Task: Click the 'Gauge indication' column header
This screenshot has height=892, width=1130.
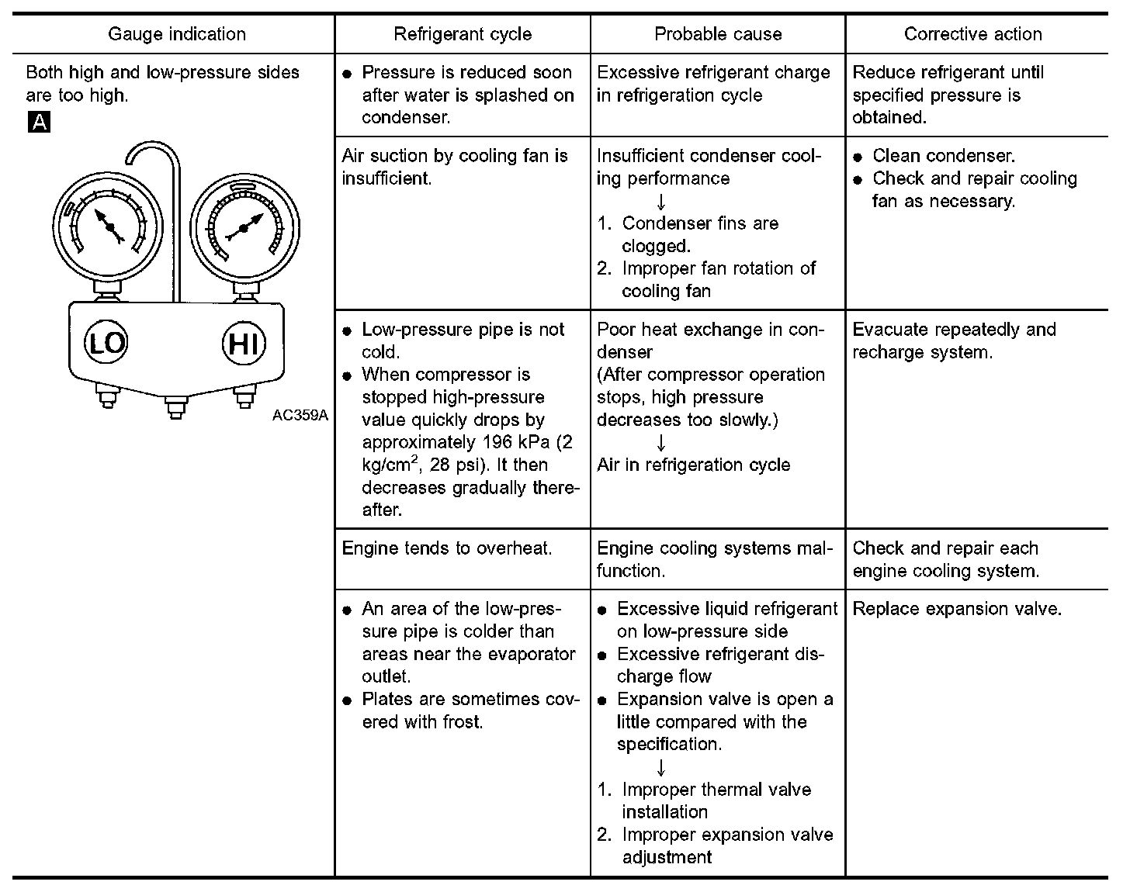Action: click(x=176, y=34)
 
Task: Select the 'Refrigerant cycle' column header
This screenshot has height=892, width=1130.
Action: click(x=463, y=34)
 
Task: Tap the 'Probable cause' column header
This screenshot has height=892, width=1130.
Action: click(x=718, y=34)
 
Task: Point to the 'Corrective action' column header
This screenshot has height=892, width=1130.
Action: click(x=972, y=34)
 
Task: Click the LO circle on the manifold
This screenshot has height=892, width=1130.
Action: click(x=106, y=342)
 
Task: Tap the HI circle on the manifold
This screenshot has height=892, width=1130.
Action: click(x=244, y=342)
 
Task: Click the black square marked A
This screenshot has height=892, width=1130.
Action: click(x=39, y=122)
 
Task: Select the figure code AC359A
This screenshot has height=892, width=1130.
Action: click(x=300, y=415)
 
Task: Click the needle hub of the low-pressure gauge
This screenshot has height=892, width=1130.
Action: click(x=110, y=227)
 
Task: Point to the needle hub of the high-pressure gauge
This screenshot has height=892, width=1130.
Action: click(x=243, y=228)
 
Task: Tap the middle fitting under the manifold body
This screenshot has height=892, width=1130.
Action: click(x=175, y=408)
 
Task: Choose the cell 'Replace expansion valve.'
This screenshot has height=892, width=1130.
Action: click(x=956, y=609)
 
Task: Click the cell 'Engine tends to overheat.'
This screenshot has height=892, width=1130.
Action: click(x=447, y=548)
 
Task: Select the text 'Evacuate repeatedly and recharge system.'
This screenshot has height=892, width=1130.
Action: click(x=954, y=341)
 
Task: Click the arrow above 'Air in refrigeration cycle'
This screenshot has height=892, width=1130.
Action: click(x=661, y=443)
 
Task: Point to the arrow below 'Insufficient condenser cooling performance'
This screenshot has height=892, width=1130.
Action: click(x=661, y=201)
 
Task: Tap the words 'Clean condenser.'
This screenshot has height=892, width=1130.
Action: click(x=944, y=156)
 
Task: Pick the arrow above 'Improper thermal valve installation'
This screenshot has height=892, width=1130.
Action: click(x=661, y=767)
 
